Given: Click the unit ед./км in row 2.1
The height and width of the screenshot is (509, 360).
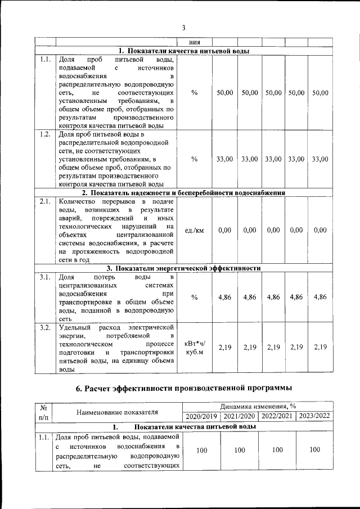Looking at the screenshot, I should click(x=194, y=230).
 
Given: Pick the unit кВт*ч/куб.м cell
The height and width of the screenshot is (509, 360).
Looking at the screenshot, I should click(x=194, y=347).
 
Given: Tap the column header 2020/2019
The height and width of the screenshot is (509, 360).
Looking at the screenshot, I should click(x=201, y=416).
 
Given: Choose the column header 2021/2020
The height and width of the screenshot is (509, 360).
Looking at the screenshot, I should click(x=239, y=416).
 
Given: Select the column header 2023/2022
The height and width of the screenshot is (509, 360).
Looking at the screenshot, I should click(x=314, y=416).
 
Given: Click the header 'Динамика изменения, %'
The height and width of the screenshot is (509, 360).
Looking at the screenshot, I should click(x=258, y=406).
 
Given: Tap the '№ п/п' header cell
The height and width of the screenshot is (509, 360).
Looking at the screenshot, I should click(x=43, y=412).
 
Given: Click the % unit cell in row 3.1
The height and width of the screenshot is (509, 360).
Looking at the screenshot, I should click(x=194, y=297).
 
